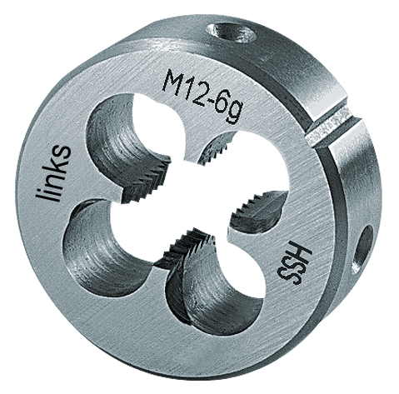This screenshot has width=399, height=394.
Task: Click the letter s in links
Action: (60, 145)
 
